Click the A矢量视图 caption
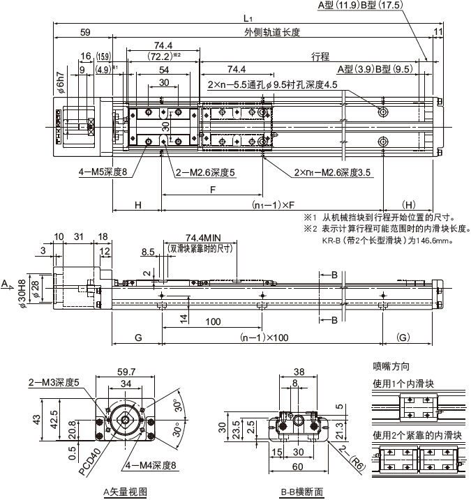click(124, 491)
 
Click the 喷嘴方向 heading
click(391, 366)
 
